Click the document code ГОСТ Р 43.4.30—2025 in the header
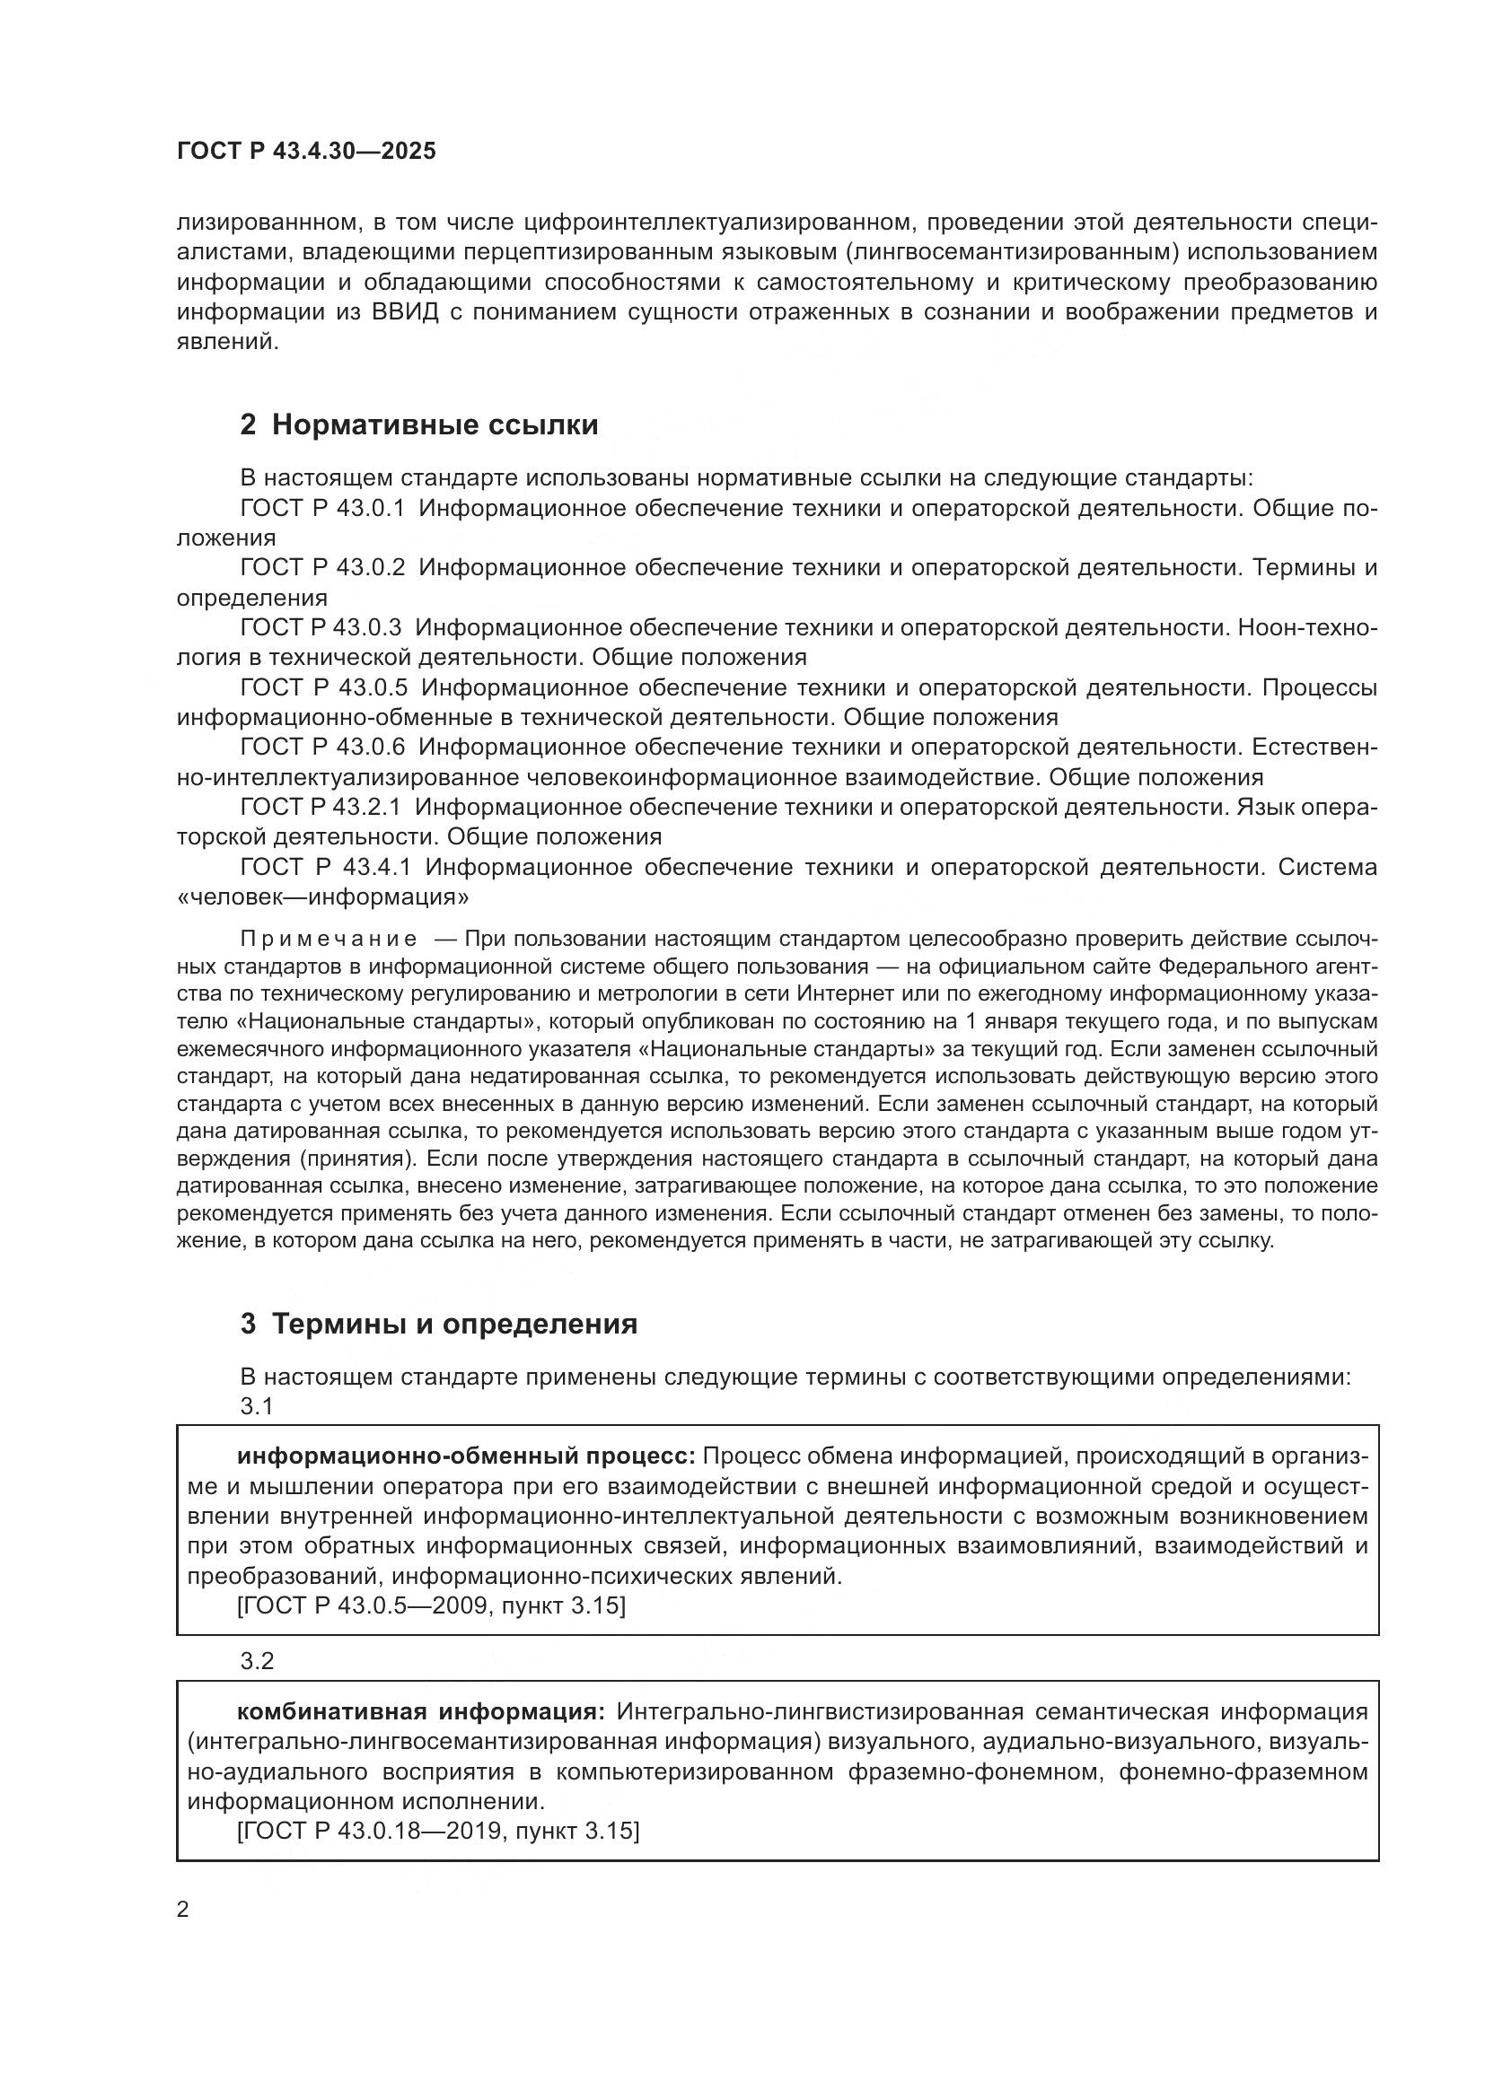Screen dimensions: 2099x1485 (306, 152)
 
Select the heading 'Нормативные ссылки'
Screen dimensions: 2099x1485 (435, 425)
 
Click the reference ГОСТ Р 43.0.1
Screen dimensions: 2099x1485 (322, 508)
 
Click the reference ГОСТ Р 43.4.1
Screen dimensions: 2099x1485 (326, 867)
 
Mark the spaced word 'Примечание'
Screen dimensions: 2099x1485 (329, 939)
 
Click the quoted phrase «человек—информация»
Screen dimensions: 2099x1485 (323, 896)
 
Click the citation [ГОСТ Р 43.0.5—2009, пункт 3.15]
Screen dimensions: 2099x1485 (431, 1605)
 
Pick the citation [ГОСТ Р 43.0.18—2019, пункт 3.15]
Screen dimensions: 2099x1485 (438, 1832)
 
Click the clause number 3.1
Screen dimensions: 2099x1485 (257, 1406)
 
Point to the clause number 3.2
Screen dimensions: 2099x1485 (257, 1661)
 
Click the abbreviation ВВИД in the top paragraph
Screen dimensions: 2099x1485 (406, 311)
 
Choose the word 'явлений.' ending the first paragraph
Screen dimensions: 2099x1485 (227, 342)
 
